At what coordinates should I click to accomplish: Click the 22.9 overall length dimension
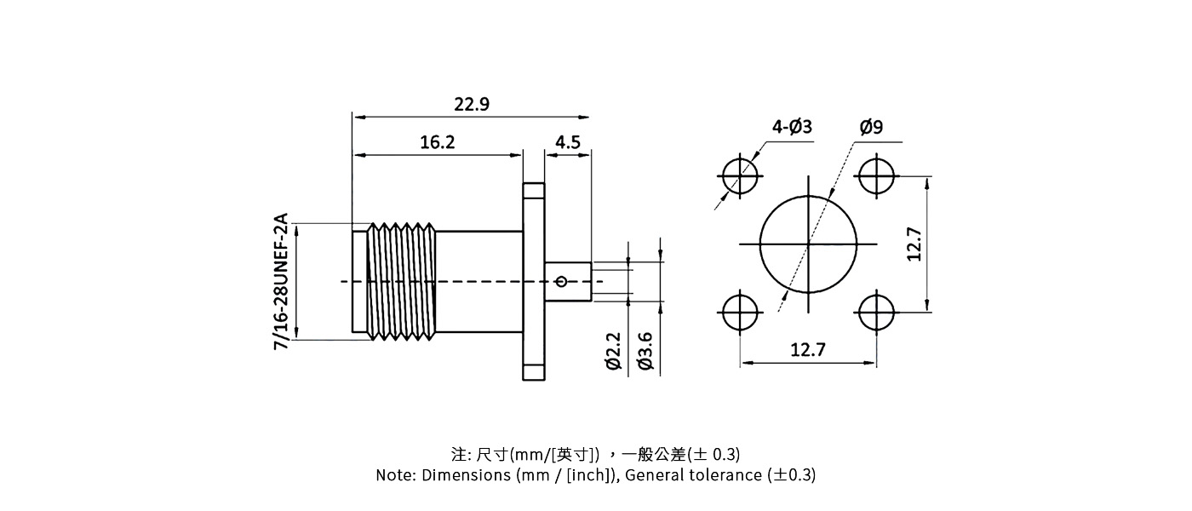471,105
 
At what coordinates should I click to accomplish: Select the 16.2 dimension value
437,142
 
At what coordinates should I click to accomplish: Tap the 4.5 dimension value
567,142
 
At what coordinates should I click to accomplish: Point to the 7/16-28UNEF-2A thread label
281,282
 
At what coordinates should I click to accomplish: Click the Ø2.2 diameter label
614,350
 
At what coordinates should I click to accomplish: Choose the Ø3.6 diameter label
645,350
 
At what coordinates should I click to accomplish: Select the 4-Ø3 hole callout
792,127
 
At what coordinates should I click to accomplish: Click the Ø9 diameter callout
871,127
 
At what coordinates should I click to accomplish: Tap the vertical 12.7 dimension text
914,244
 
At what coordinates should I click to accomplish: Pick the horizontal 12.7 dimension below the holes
808,350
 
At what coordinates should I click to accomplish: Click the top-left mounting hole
741,177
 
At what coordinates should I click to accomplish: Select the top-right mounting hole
876,177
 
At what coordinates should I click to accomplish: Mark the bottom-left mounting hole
741,312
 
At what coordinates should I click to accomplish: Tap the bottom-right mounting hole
876,312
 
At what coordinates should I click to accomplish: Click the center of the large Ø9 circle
808,244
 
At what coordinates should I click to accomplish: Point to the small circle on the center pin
561,282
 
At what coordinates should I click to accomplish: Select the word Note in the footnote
395,475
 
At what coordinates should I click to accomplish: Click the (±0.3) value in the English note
791,475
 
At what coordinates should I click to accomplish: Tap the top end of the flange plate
534,189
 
